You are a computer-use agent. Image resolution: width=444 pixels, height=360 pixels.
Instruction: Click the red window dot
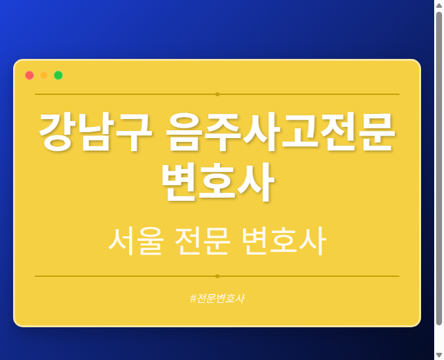click(x=29, y=75)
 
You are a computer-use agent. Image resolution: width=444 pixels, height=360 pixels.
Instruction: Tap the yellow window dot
click(x=44, y=75)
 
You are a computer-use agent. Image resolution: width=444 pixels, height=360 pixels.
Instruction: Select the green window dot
click(x=58, y=75)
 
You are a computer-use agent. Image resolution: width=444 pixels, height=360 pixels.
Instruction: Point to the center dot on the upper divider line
click(x=217, y=94)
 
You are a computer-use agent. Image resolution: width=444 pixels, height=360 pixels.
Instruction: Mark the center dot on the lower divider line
click(x=217, y=276)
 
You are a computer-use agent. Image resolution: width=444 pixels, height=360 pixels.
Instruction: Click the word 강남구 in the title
click(x=95, y=132)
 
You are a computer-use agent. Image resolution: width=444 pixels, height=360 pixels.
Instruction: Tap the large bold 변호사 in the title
click(x=217, y=183)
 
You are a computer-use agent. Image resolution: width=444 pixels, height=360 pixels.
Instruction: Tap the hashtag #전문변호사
click(x=217, y=298)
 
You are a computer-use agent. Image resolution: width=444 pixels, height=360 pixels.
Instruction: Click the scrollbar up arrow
click(x=439, y=5)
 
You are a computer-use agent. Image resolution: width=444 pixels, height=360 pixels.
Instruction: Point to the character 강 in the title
click(x=57, y=132)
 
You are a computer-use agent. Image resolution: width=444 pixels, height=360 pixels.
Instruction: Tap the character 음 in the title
click(x=185, y=132)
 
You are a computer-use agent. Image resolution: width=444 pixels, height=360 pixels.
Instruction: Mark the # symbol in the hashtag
click(x=193, y=298)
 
